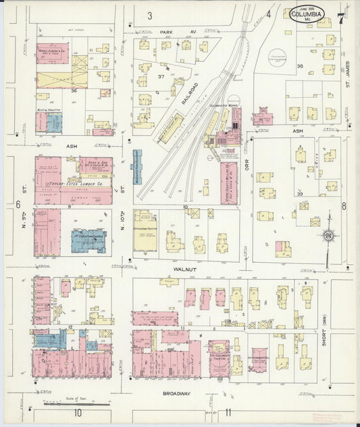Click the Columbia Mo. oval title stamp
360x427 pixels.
tap(307, 14)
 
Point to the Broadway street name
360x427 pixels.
tap(179, 393)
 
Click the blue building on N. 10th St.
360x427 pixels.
tap(138, 167)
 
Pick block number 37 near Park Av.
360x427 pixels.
tap(161, 77)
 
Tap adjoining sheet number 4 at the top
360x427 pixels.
tap(268, 14)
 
